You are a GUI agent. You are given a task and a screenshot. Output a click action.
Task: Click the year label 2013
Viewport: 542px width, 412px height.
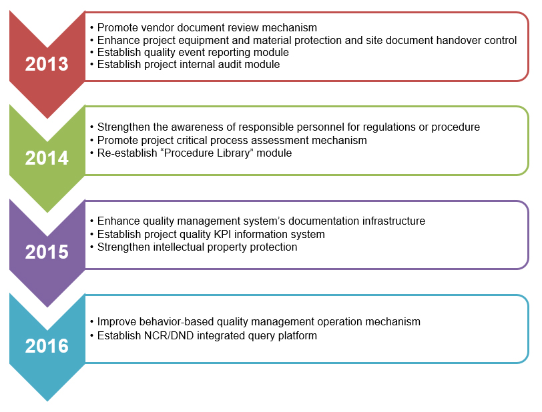[x=47, y=64]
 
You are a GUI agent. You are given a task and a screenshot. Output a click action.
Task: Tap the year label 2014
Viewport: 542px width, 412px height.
[x=47, y=158]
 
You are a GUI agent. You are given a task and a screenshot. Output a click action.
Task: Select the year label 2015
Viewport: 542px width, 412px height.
[x=47, y=252]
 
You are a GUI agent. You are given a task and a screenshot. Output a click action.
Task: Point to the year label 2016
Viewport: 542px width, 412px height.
[x=47, y=346]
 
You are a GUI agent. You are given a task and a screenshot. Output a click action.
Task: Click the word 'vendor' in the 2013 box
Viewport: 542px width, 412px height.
[x=157, y=27]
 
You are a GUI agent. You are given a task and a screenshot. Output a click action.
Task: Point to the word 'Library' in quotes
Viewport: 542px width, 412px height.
[x=233, y=153]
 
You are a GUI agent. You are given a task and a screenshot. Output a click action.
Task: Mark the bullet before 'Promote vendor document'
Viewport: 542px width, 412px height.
[x=91, y=28]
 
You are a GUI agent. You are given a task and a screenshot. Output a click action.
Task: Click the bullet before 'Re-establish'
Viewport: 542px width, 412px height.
[x=91, y=153]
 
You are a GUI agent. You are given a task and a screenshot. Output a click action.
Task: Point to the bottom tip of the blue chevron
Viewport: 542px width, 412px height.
[x=47, y=401]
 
